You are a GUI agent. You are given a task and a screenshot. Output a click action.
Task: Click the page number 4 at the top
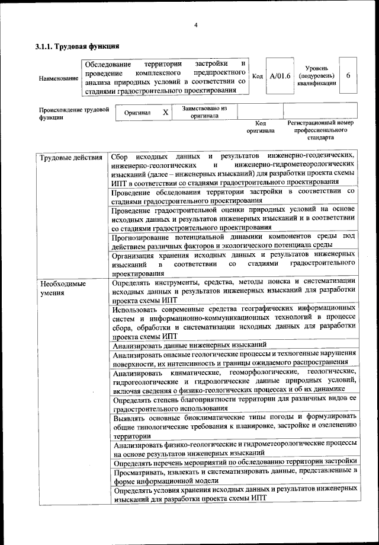(195, 24)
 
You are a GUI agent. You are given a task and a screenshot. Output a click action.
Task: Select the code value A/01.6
(280, 77)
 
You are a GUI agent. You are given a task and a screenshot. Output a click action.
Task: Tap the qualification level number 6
(348, 77)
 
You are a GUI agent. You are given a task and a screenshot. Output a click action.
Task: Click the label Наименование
(58, 78)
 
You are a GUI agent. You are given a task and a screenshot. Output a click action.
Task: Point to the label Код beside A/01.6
(258, 77)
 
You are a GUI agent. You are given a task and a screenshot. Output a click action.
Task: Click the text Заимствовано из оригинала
(204, 112)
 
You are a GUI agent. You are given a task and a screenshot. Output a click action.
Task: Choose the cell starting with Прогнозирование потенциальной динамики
(233, 241)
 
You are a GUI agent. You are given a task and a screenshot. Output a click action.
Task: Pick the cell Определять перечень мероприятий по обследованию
(233, 461)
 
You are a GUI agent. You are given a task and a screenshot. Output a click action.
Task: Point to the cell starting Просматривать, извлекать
(233, 476)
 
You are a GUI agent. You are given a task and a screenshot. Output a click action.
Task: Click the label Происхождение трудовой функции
(74, 113)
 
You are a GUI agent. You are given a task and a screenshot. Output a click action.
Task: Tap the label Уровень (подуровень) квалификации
(317, 76)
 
